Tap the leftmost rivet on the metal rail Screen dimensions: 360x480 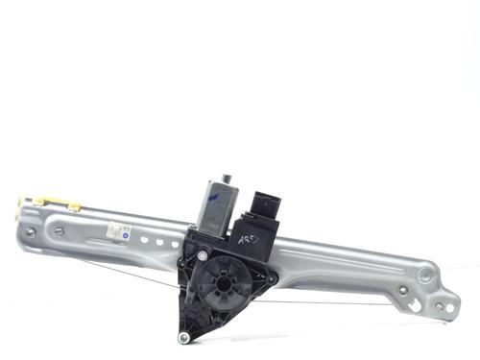(x=31, y=232)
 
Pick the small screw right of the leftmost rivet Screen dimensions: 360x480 (x=58, y=229)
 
